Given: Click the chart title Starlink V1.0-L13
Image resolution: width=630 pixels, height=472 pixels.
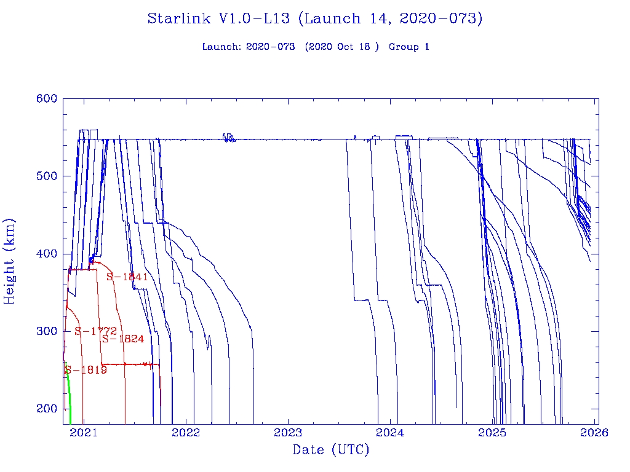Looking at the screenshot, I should (314, 19).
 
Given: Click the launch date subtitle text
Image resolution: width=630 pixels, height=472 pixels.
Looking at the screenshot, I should (315, 47).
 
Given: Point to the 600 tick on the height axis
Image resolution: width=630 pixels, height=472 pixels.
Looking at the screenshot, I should (47, 98).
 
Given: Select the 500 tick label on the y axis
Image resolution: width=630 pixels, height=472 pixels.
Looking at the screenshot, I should (47, 176).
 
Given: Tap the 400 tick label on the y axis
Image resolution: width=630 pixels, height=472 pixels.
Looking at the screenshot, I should (47, 254).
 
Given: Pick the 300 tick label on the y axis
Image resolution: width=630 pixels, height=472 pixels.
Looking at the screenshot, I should (47, 331).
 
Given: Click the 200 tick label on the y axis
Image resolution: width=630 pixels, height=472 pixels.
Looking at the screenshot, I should (47, 409).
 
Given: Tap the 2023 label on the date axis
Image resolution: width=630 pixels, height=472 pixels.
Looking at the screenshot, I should (288, 433).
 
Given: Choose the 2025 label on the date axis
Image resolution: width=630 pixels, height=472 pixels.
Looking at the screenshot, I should (493, 433).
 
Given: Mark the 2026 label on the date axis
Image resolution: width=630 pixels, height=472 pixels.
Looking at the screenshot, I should (595, 433).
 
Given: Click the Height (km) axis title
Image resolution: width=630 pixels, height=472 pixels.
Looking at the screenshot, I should (10, 261).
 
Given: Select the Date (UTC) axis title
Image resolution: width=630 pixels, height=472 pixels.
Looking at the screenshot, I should (331, 450).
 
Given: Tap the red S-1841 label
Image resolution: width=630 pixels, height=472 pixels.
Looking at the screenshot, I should (127, 277).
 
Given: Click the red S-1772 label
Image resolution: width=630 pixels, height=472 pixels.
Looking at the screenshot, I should (95, 331).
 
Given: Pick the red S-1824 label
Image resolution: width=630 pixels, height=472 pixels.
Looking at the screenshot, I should (123, 339).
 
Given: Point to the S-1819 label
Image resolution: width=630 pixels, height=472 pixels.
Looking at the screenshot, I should (86, 370).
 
